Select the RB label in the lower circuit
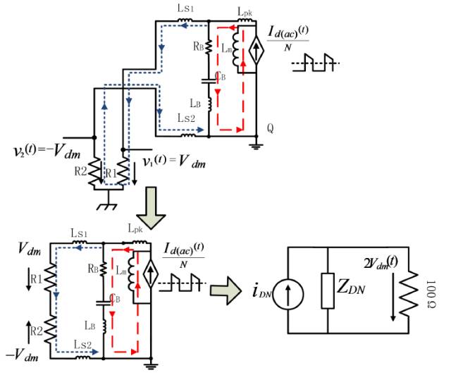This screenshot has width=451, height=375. (91, 269)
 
